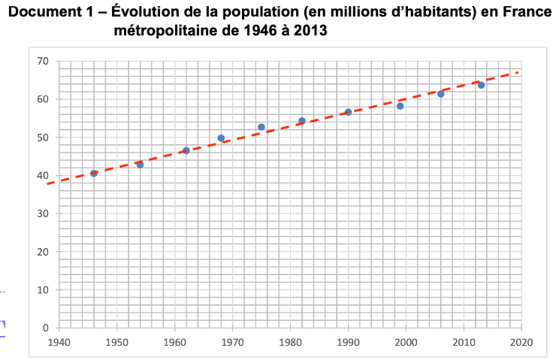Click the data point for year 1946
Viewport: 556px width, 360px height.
click(x=94, y=174)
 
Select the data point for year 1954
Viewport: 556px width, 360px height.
click(x=140, y=165)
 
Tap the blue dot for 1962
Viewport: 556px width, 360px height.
click(x=186, y=150)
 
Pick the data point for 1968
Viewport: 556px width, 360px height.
click(x=221, y=138)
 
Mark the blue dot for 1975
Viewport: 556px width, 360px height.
click(x=261, y=127)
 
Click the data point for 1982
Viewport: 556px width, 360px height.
click(x=302, y=121)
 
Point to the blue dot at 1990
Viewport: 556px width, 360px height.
click(x=348, y=112)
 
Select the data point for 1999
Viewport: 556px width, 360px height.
click(x=400, y=106)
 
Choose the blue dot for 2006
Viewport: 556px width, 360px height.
click(x=440, y=94)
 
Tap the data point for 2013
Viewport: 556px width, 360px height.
click(x=481, y=85)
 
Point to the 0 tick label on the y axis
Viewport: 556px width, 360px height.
click(x=46, y=328)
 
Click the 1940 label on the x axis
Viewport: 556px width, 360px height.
click(x=59, y=342)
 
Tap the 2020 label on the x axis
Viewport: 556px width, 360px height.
click(x=521, y=342)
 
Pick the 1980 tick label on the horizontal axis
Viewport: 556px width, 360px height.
click(x=290, y=342)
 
